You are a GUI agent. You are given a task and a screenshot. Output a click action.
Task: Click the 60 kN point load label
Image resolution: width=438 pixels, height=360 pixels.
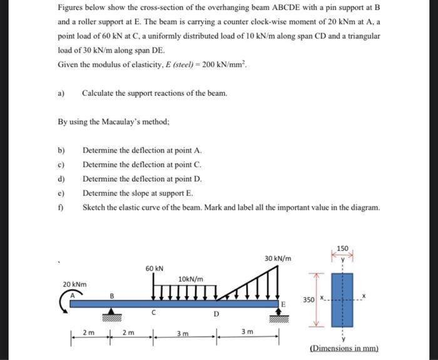[155, 268]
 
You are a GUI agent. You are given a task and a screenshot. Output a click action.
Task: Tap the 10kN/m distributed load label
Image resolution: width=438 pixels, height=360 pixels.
[190, 279]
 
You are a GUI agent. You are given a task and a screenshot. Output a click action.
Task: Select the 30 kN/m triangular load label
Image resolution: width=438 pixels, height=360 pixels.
[278, 257]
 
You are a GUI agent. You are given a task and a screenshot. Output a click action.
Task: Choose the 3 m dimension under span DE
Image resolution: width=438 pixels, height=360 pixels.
[247, 334]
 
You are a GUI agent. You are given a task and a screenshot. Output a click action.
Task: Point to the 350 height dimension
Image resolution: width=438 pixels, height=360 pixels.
[308, 300]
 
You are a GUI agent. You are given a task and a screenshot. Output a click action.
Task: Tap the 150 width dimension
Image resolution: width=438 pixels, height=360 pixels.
[342, 249]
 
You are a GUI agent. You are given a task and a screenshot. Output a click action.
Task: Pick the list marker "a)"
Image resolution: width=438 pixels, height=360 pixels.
[61, 93]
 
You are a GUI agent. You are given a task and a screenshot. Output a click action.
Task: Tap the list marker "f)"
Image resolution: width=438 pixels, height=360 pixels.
[61, 207]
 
